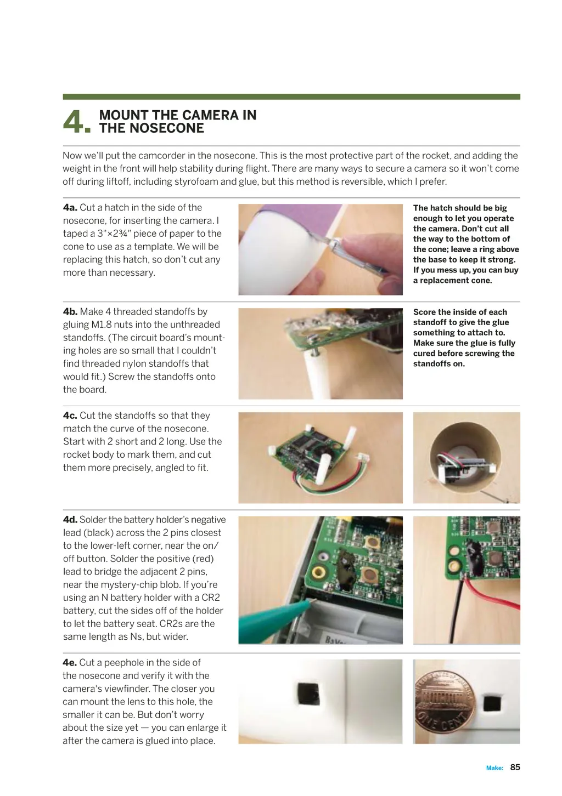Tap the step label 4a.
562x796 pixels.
(x=70, y=208)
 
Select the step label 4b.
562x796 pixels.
(x=70, y=311)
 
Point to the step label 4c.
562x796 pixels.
(x=70, y=416)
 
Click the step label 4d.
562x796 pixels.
(x=70, y=520)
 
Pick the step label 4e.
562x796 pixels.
(x=70, y=663)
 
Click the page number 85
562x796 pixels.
(x=515, y=767)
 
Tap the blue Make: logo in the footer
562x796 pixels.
(x=494, y=768)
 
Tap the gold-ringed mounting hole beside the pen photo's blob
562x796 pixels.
(x=318, y=572)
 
